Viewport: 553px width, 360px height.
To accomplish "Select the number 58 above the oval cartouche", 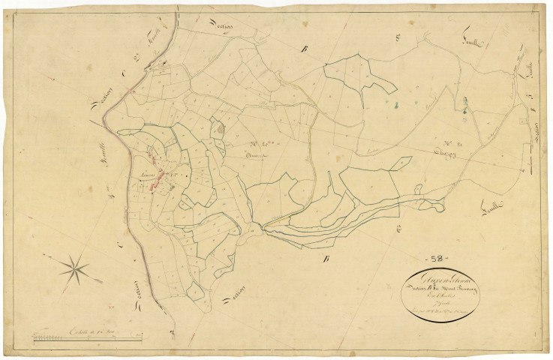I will (434, 259).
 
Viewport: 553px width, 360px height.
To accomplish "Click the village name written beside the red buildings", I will (146, 176).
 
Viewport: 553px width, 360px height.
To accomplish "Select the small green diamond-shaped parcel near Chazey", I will (402, 161).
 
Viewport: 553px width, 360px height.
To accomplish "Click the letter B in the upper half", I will (304, 49).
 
